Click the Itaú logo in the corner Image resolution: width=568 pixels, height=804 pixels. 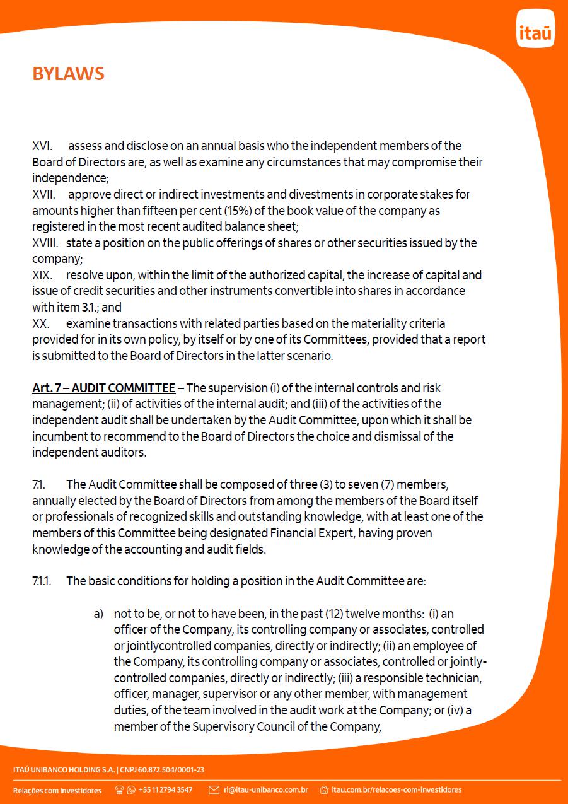(535, 29)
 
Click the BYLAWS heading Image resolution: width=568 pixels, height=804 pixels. (68, 74)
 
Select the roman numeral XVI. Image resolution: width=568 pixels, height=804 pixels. (42, 146)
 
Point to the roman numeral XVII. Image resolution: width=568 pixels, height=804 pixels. (43, 194)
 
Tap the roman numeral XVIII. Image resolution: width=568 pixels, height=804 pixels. (45, 243)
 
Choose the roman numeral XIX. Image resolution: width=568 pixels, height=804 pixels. (42, 275)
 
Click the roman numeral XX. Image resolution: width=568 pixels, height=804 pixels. (41, 323)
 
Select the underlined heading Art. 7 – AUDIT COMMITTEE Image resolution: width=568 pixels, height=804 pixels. (104, 388)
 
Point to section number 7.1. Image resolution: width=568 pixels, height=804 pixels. (40, 484)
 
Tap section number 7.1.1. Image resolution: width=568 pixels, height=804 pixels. (42, 581)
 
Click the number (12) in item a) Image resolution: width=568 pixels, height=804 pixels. (333, 614)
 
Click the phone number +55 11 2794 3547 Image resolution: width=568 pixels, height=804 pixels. (165, 789)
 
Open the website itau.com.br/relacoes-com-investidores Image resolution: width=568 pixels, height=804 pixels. (397, 789)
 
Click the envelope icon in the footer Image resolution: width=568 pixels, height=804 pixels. (214, 789)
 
